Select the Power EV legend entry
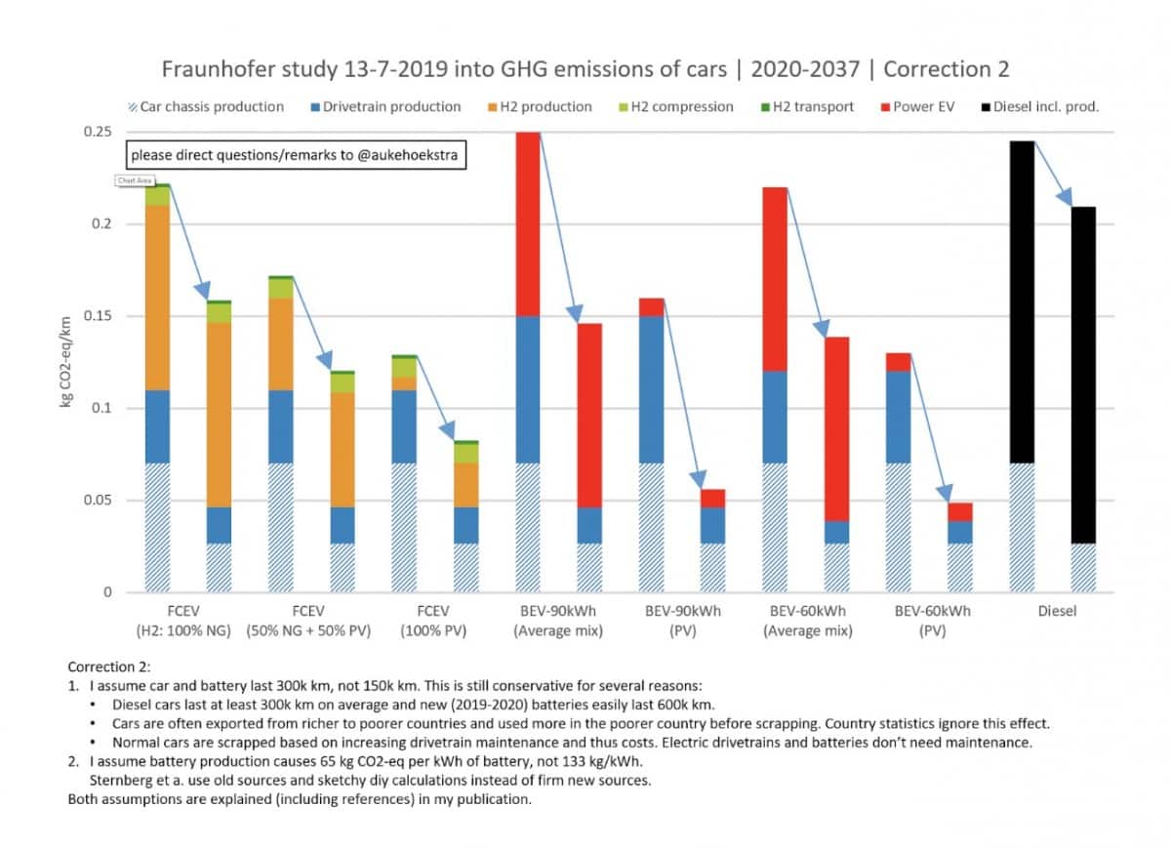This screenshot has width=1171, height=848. (x=924, y=106)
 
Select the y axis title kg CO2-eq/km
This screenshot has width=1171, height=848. (x=66, y=363)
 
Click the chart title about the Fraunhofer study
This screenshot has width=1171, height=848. (x=585, y=69)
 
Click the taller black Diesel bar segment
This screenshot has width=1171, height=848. (x=1021, y=303)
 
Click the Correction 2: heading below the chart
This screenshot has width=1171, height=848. (x=108, y=667)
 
